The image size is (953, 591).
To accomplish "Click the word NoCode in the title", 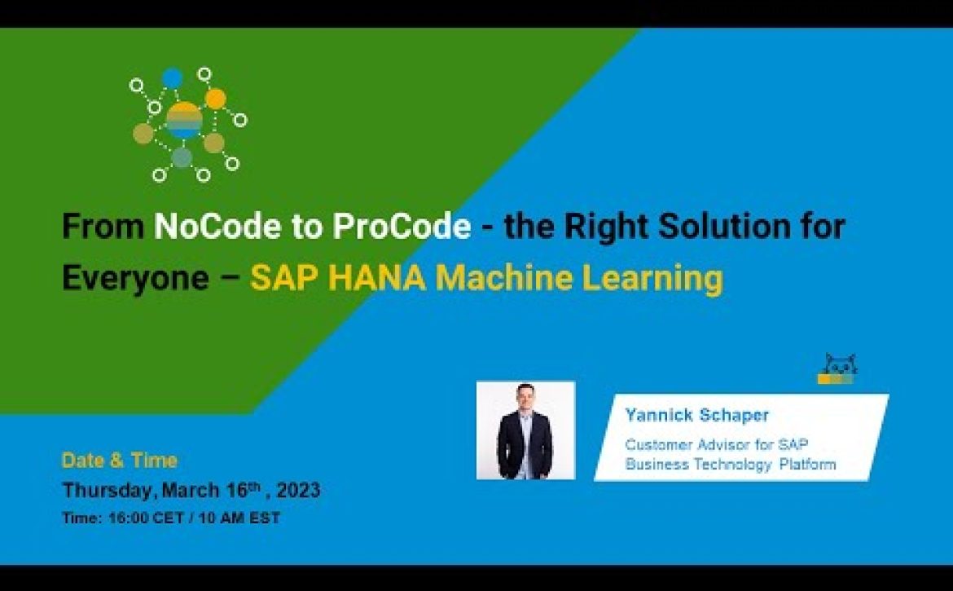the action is [x=217, y=226].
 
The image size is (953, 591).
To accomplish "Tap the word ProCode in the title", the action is [x=402, y=226].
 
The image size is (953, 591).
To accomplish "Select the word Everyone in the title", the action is [x=135, y=278].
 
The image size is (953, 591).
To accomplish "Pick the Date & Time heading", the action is [x=120, y=461].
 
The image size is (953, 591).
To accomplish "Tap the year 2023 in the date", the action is [x=298, y=490].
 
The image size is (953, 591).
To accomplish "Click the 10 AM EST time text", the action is [x=239, y=518].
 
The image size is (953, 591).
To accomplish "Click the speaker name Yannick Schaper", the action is [x=697, y=415].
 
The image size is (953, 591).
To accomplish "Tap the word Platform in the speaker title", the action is [x=808, y=465].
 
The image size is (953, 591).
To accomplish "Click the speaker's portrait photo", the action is [x=525, y=430].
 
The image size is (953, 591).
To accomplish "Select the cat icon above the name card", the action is [x=837, y=368].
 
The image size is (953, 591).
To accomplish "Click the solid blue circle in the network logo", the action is [x=172, y=78].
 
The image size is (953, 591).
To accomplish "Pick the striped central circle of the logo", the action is [x=183, y=121].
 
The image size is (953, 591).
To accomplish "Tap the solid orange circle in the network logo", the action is [x=215, y=99].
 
